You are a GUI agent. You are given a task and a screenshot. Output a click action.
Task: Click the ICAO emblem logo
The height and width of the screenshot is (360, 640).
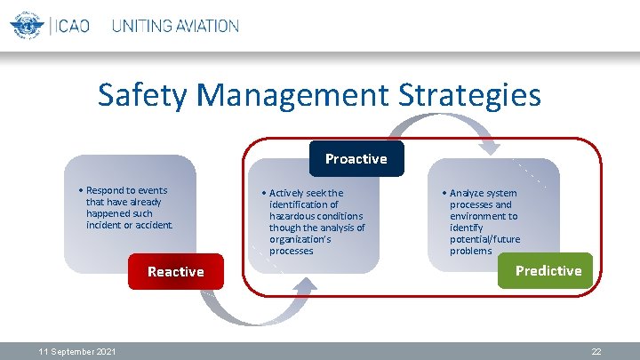point(27,25)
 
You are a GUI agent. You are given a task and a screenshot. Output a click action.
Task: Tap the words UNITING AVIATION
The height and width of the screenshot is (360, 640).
point(175,26)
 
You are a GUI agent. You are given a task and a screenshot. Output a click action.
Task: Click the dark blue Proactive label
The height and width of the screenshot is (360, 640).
point(356,159)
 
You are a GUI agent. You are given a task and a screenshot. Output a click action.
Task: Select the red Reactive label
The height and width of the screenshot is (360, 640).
point(175,272)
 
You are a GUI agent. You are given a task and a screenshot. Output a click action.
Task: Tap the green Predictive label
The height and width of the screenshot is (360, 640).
point(548,271)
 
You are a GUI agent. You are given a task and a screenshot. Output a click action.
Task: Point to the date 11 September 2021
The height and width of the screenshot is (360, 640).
point(77,352)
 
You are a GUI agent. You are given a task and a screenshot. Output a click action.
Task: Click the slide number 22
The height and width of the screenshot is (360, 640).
point(596,352)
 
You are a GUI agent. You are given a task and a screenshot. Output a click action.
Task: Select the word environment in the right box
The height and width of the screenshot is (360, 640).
point(484,216)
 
